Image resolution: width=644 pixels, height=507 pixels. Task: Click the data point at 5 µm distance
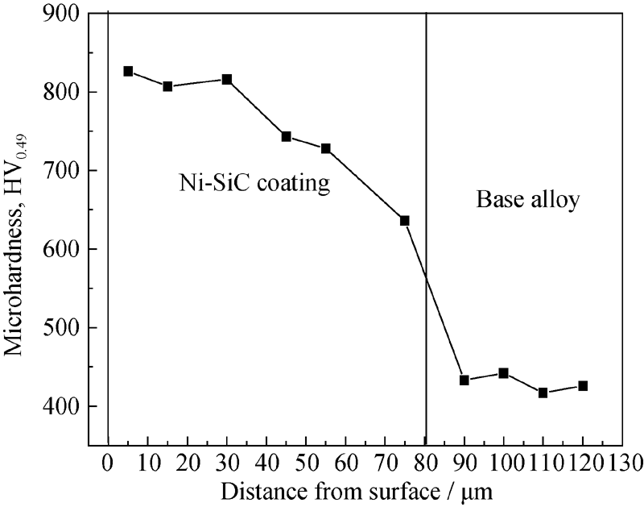[x=128, y=72]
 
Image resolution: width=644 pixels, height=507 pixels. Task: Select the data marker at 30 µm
[x=227, y=79]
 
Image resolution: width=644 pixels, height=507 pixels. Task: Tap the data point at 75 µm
[x=405, y=220]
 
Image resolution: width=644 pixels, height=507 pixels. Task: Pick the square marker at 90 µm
[x=464, y=380]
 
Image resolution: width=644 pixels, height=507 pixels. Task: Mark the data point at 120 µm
[x=583, y=386]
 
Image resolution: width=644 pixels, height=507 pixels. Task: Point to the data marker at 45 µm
[x=286, y=136]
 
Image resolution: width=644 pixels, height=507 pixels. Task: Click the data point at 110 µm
[x=543, y=393]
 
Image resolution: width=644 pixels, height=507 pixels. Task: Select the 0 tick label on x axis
[x=108, y=464]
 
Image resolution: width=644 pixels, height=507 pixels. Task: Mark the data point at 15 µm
[x=167, y=86]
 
